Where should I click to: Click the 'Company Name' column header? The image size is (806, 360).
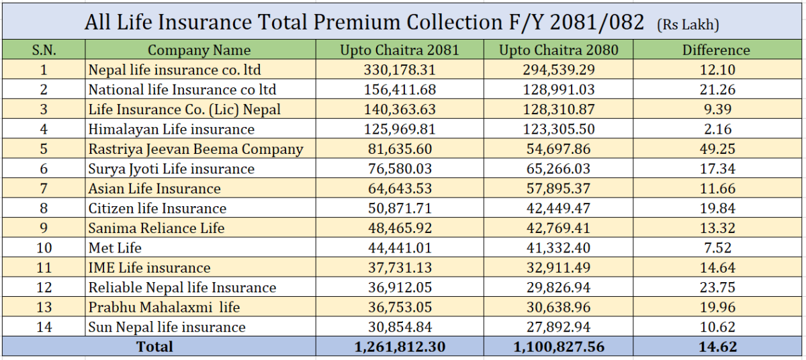pyautogui.click(x=199, y=50)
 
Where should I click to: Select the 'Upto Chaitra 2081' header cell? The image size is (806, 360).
pyautogui.click(x=399, y=50)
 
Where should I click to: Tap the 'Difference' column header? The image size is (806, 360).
pyautogui.click(x=716, y=50)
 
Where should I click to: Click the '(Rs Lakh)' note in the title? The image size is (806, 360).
pyautogui.click(x=688, y=25)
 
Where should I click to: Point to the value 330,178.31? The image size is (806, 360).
pyautogui.click(x=399, y=69)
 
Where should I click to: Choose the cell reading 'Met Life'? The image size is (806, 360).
pyautogui.click(x=115, y=248)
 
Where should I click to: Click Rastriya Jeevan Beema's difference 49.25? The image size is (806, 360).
pyautogui.click(x=717, y=149)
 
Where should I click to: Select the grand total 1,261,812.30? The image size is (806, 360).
pyautogui.click(x=399, y=347)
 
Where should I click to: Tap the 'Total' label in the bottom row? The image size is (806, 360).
pyautogui.click(x=154, y=347)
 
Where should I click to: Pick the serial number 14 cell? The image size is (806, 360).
pyautogui.click(x=44, y=327)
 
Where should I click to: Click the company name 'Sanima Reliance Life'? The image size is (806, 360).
pyautogui.click(x=156, y=228)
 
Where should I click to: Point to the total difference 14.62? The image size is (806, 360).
pyautogui.click(x=717, y=347)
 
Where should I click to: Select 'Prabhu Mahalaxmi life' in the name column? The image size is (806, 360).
pyautogui.click(x=164, y=308)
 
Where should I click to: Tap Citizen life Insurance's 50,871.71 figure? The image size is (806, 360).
pyautogui.click(x=399, y=208)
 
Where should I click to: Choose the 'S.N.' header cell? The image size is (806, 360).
pyautogui.click(x=44, y=50)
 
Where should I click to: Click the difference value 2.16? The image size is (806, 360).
pyautogui.click(x=717, y=129)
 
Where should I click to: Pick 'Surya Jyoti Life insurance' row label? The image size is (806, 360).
pyautogui.click(x=171, y=169)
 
